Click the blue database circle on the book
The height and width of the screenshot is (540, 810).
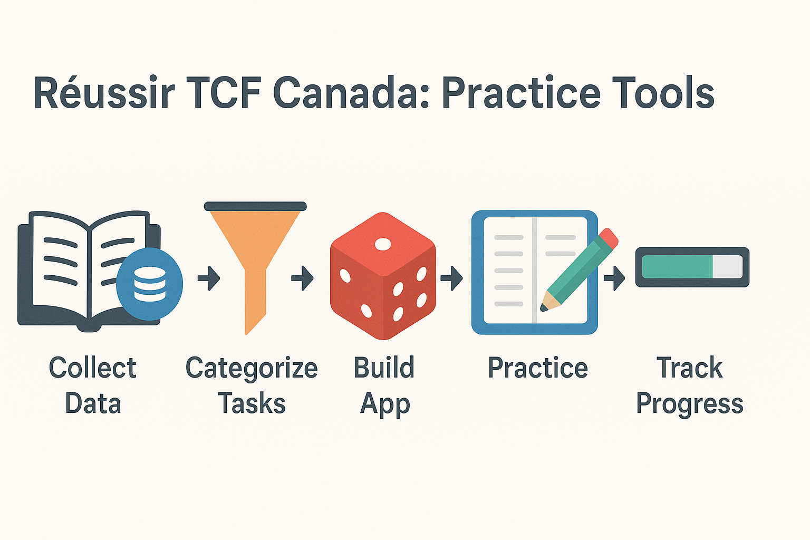[149, 284]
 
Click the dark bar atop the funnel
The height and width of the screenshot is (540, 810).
[255, 206]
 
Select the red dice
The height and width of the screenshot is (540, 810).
[383, 276]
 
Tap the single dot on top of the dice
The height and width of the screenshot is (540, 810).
[383, 244]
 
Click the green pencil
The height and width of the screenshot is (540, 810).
[578, 270]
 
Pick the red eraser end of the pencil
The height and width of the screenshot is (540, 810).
[608, 238]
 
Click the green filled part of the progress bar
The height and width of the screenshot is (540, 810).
[677, 267]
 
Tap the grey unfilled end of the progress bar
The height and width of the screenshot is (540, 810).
[727, 267]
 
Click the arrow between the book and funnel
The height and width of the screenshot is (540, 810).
[209, 278]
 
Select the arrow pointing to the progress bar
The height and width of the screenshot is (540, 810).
[614, 278]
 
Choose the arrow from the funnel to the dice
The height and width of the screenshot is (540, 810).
[302, 278]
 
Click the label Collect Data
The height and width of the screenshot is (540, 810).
[93, 385]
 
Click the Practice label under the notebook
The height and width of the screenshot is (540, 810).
[538, 368]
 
